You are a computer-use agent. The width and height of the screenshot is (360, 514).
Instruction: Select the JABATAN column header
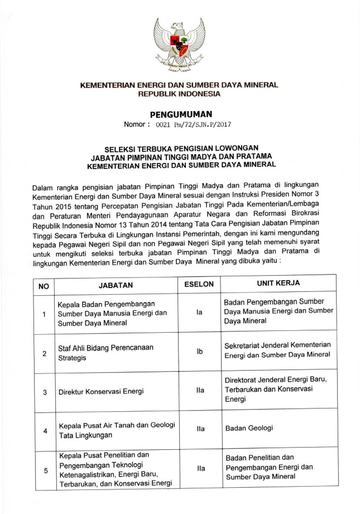[x=116, y=285]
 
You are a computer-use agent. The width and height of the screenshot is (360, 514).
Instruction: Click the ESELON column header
[x=199, y=284]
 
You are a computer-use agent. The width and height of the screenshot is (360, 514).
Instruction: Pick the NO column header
[x=44, y=285]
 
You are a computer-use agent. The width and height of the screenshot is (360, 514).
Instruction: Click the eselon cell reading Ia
[x=199, y=314]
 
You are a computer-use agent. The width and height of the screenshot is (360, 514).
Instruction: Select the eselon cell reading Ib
[x=199, y=353]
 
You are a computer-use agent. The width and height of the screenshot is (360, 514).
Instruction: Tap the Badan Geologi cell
[x=249, y=429]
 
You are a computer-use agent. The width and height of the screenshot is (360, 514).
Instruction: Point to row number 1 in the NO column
[x=44, y=315]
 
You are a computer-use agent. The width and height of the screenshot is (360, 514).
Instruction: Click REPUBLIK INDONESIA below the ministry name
[x=180, y=94]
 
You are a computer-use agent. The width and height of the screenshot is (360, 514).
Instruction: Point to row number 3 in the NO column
[x=44, y=392]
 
